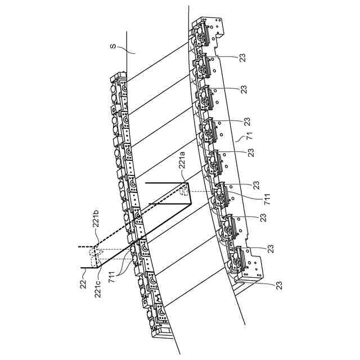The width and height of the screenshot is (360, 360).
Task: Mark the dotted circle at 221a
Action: tap(184, 191)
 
